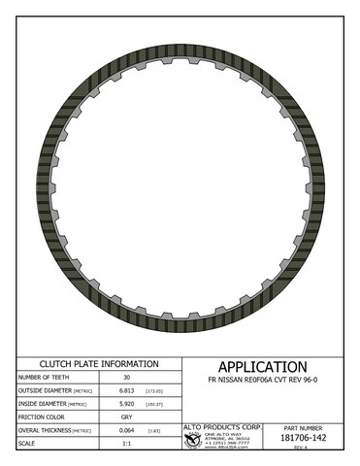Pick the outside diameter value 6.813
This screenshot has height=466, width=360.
[125, 392]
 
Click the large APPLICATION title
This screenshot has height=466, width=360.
[262, 367]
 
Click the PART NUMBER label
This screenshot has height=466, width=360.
[311, 428]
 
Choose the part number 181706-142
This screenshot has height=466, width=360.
[311, 439]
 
